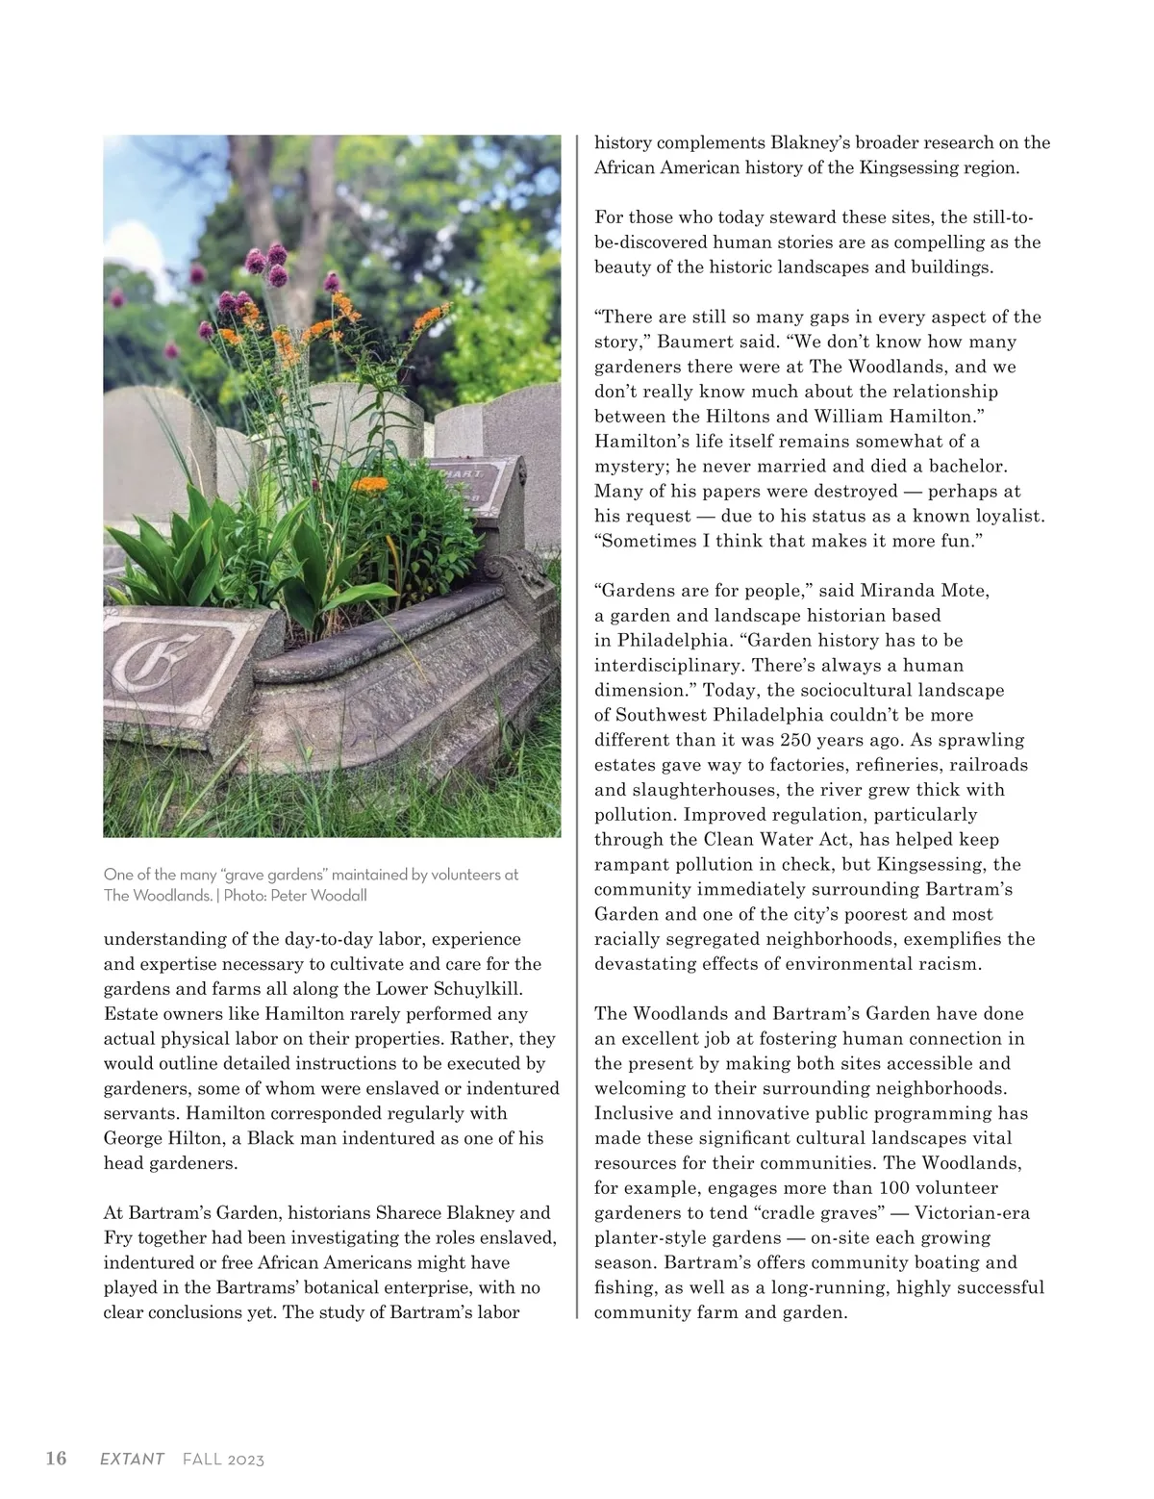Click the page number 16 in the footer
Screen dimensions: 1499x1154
point(57,1459)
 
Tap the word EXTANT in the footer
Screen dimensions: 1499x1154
point(133,1460)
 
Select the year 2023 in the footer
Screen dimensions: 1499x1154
point(247,1460)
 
